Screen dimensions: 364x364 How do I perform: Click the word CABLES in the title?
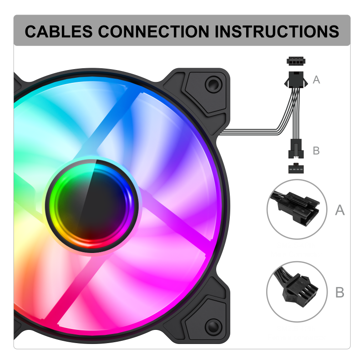coord(59,31)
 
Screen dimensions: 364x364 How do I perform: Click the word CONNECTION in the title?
coord(153,31)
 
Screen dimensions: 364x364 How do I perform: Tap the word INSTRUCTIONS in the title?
coord(277,31)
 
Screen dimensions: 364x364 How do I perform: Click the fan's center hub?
coord(92,206)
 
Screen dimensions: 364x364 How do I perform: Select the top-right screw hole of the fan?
coord(213,84)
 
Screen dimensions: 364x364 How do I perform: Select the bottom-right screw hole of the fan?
coord(213,327)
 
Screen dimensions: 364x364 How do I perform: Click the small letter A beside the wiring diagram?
coord(316,80)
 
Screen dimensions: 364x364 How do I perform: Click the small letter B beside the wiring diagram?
coord(316,151)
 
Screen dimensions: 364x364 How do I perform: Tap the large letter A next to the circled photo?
coord(340,210)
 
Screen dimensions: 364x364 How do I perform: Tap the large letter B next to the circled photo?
coord(340,292)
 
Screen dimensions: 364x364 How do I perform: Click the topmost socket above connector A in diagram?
coord(296,61)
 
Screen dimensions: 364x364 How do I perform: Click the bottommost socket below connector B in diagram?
coord(296,168)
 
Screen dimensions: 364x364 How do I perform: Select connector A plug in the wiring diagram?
coord(296,80)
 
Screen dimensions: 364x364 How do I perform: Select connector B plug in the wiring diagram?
coord(296,149)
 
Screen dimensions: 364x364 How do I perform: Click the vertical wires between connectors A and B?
coord(296,114)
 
